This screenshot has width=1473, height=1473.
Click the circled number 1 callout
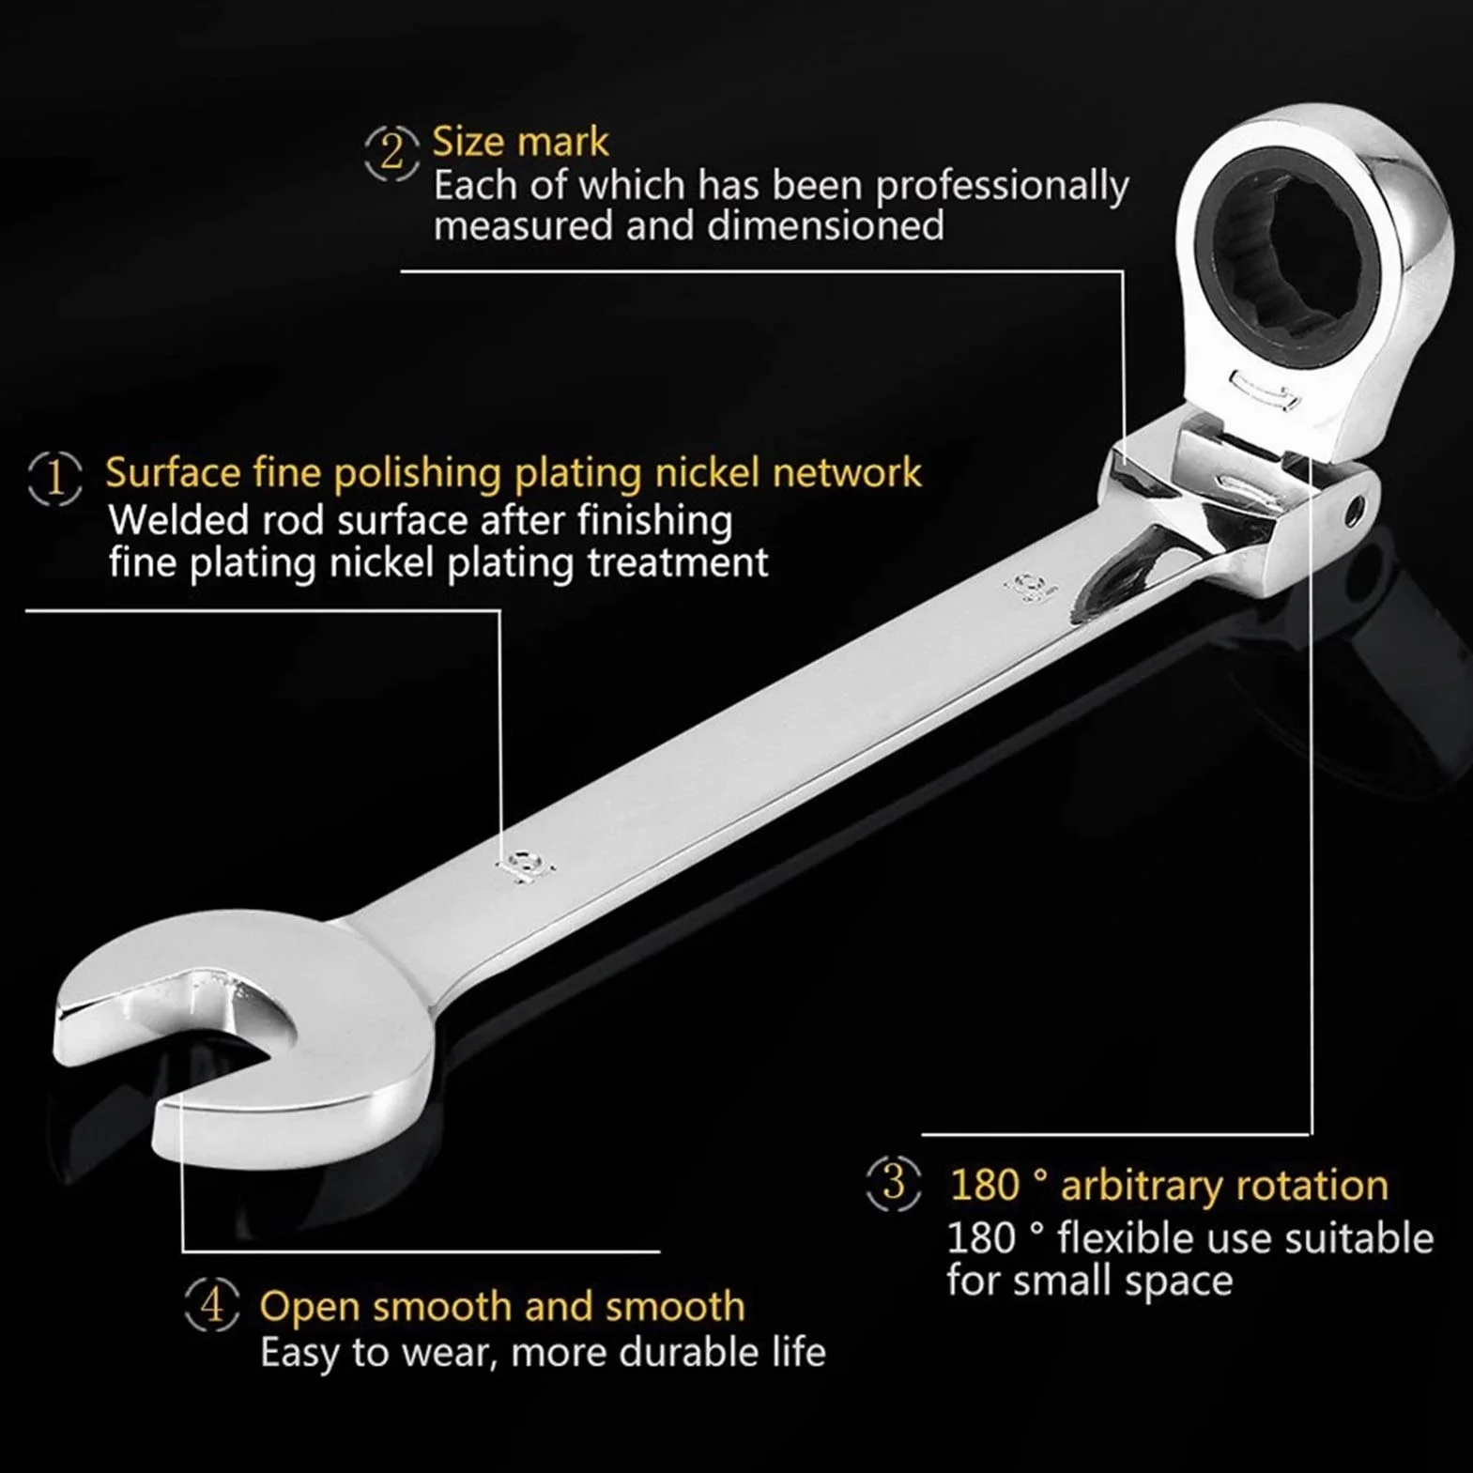pos(55,478)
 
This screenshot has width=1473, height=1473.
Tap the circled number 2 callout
pos(391,152)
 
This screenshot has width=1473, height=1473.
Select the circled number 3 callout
pos(893,1182)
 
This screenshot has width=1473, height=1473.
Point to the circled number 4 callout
pos(212,1304)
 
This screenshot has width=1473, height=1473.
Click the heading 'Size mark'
pos(520,142)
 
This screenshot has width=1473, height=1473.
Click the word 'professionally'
pos(1002,186)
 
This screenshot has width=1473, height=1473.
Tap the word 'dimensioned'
pos(825,225)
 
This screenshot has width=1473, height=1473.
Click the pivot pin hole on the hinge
pos(1354,511)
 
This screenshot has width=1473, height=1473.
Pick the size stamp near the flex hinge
pos(1026,587)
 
